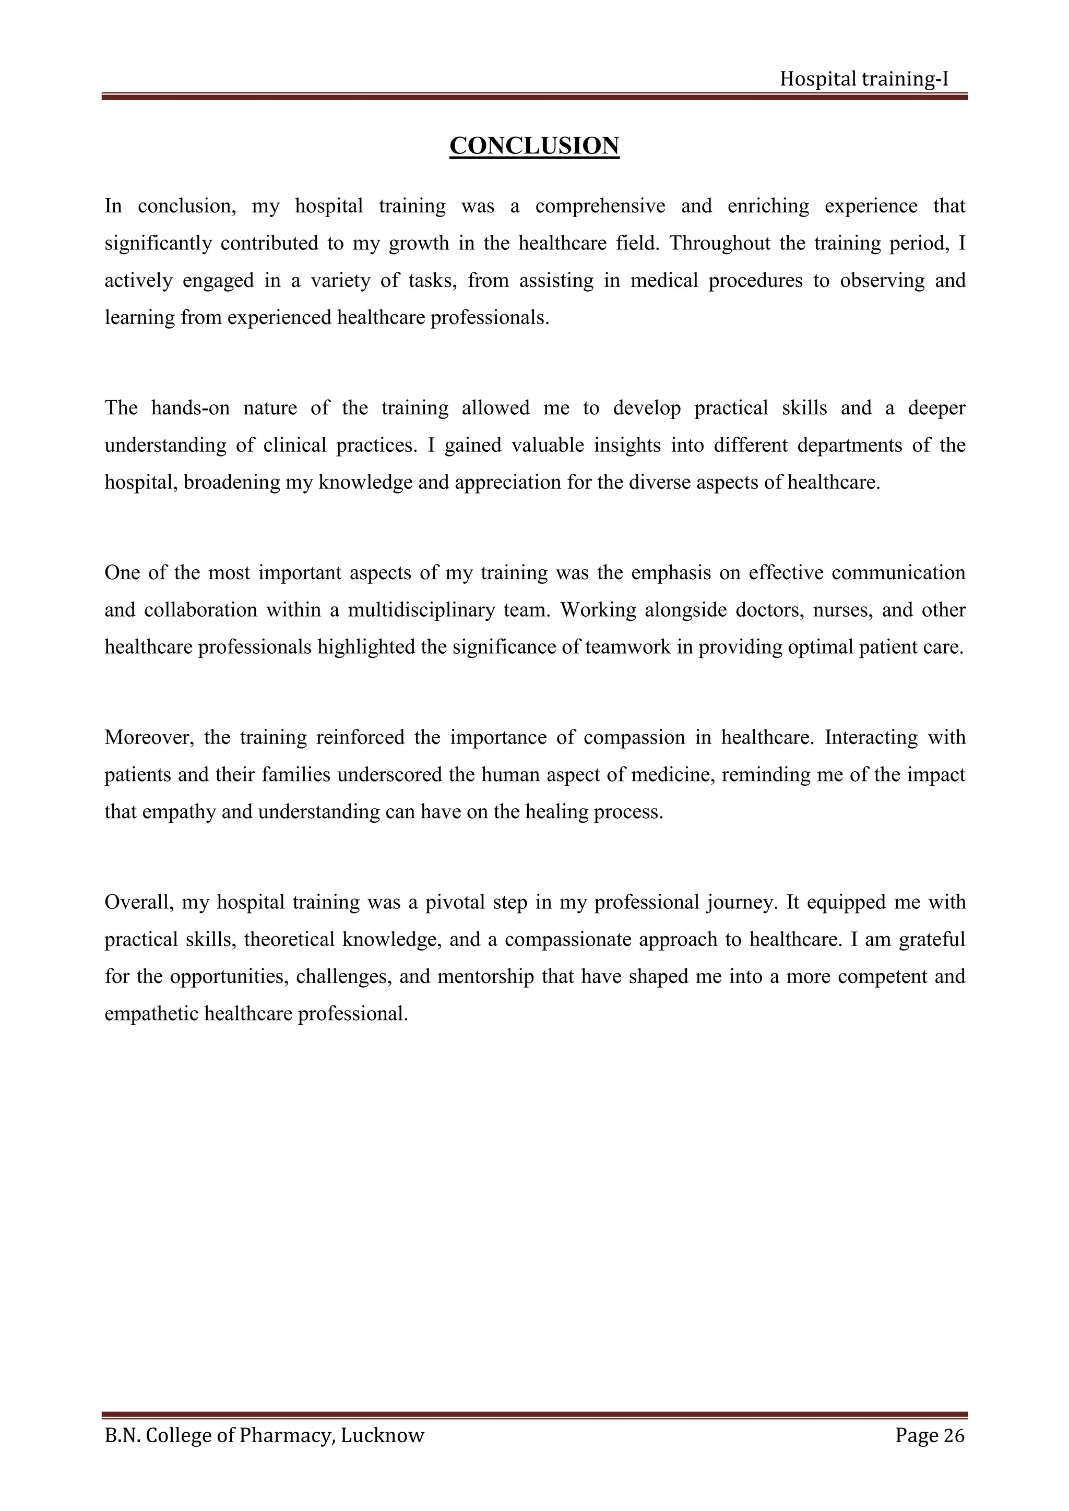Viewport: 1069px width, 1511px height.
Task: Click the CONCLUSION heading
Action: coord(534,146)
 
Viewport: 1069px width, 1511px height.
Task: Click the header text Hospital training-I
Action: coord(864,79)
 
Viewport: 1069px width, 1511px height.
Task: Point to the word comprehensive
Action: coord(600,206)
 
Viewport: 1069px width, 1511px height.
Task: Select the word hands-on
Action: coord(190,408)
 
